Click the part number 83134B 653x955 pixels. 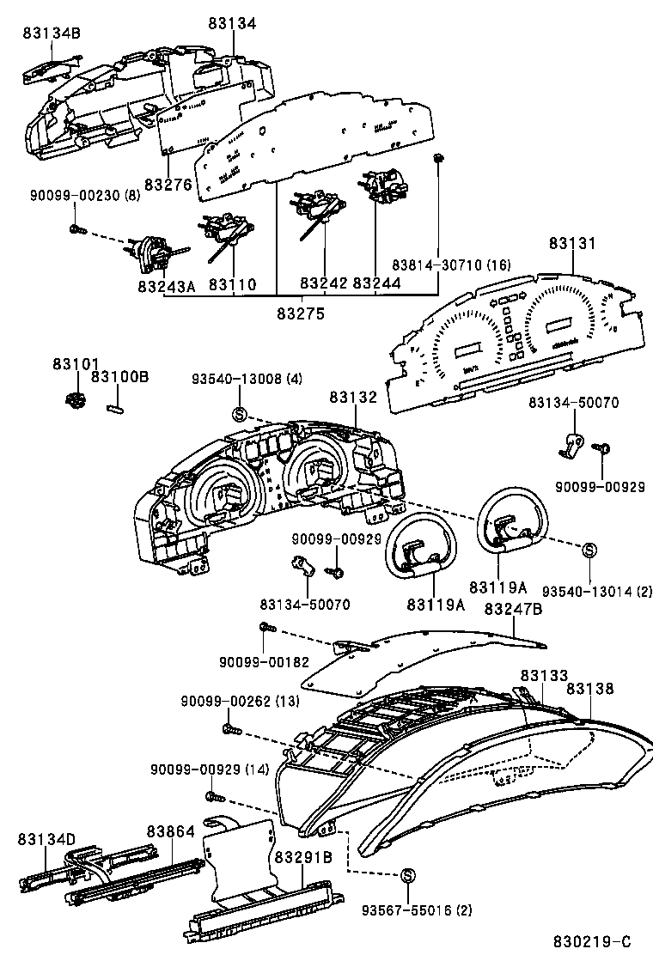coord(52,33)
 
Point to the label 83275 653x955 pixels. coord(301,314)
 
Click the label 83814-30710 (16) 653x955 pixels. coord(451,265)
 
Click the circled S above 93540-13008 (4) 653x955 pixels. coord(240,415)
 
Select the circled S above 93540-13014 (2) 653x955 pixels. coord(589,550)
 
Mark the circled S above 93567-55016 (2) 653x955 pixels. coord(407,874)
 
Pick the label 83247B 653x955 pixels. coord(513,609)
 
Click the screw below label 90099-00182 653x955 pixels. coord(265,629)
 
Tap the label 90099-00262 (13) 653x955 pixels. coord(240,702)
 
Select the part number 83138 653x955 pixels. coord(590,688)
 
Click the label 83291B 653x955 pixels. coord(303,857)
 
